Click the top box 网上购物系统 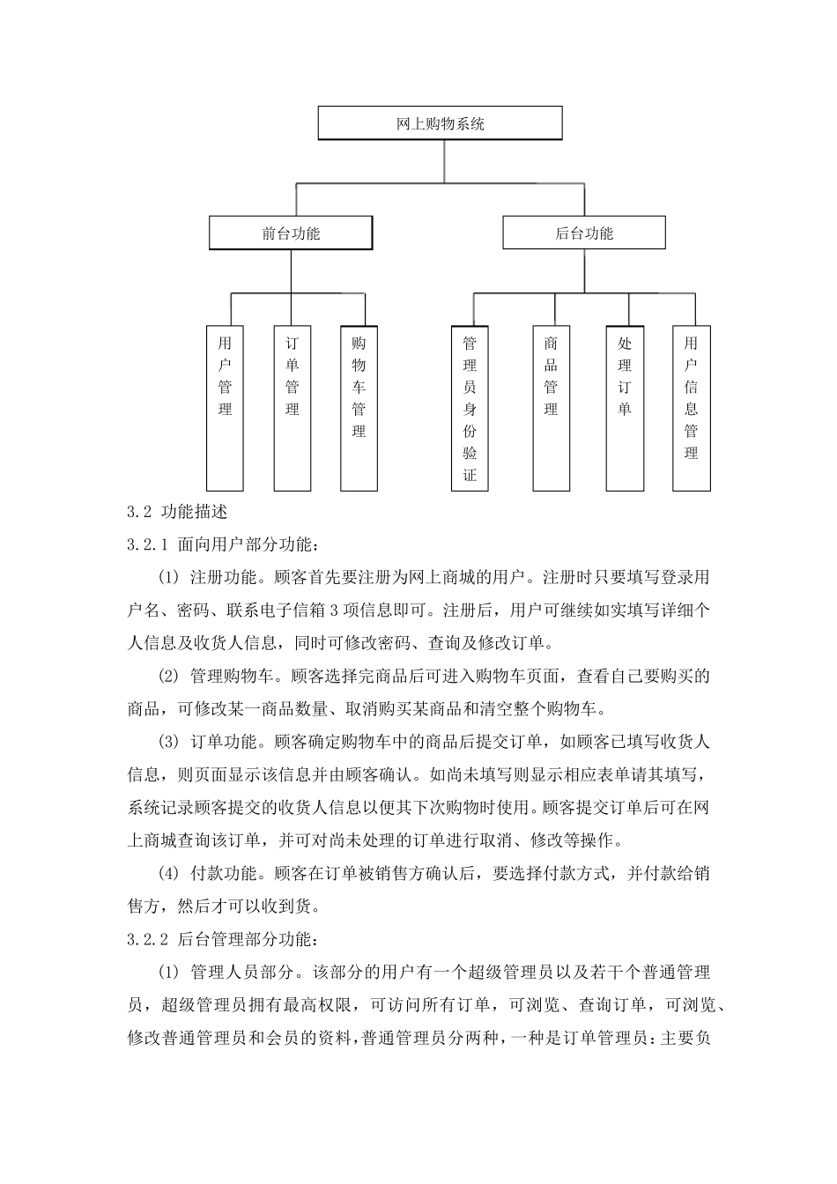pyautogui.click(x=440, y=123)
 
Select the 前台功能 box pyautogui.click(x=290, y=233)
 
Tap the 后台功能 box pyautogui.click(x=584, y=233)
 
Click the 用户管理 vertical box pyautogui.click(x=225, y=408)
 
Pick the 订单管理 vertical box pyautogui.click(x=293, y=408)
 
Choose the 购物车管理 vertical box pyautogui.click(x=359, y=408)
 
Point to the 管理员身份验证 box pyautogui.click(x=470, y=408)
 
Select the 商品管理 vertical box pyautogui.click(x=551, y=408)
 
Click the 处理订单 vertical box pyautogui.click(x=625, y=408)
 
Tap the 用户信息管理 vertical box pyautogui.click(x=691, y=408)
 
